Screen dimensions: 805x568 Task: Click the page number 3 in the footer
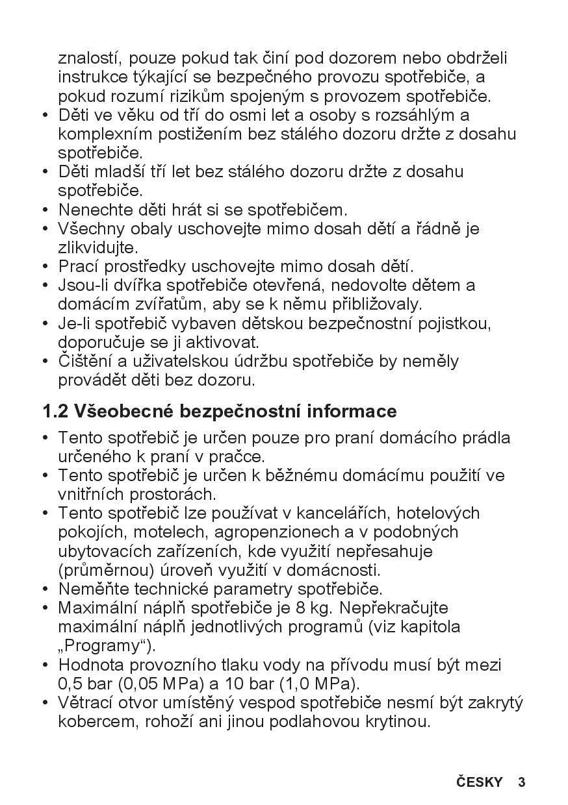pos(522,782)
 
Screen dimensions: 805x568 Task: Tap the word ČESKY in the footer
pos(480,782)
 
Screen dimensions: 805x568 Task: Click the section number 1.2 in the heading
pos(56,412)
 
